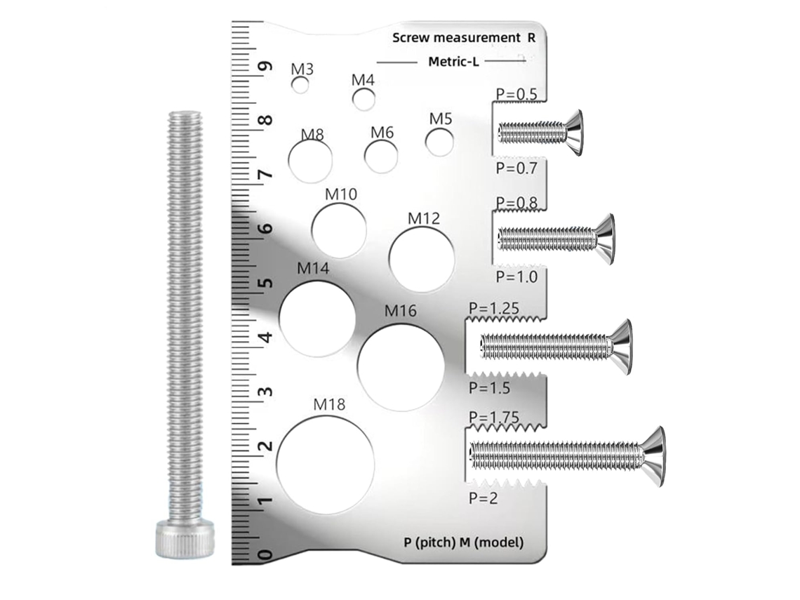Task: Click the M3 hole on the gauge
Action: click(300, 85)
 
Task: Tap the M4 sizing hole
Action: click(364, 99)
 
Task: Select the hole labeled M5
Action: click(440, 142)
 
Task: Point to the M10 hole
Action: click(339, 229)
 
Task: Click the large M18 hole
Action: click(326, 465)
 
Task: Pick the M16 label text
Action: click(400, 310)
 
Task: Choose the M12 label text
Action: click(423, 218)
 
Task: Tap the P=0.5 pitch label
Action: click(516, 95)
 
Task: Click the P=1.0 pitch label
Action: click(516, 276)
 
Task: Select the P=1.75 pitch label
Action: click(494, 417)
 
